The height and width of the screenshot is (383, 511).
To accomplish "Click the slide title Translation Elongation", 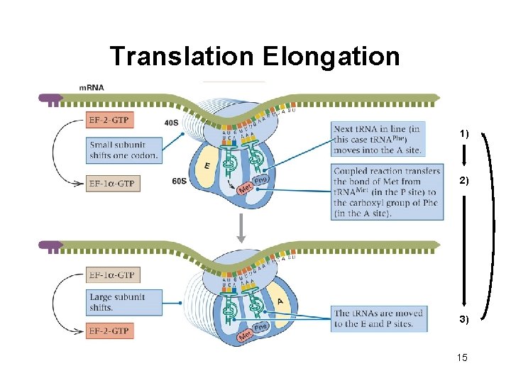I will click(255, 56).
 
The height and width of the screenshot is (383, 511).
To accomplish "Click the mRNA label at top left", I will click(92, 87).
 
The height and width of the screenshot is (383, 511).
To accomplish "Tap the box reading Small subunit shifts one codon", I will click(124, 150).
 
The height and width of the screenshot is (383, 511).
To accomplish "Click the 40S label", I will click(171, 122).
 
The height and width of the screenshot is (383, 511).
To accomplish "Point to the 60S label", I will click(180, 182).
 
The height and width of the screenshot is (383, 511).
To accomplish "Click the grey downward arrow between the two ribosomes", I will click(241, 227).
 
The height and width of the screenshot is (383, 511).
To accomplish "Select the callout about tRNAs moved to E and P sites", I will click(378, 318).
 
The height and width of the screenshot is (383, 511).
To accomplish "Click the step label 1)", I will click(463, 134).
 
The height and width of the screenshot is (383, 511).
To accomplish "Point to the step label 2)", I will click(463, 182).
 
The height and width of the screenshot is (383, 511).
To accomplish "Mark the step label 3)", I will click(463, 320).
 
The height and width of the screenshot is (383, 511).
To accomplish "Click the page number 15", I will click(463, 357).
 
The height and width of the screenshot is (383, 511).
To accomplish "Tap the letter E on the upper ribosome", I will click(207, 165).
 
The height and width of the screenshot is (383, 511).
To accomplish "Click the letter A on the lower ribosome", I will click(280, 301).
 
